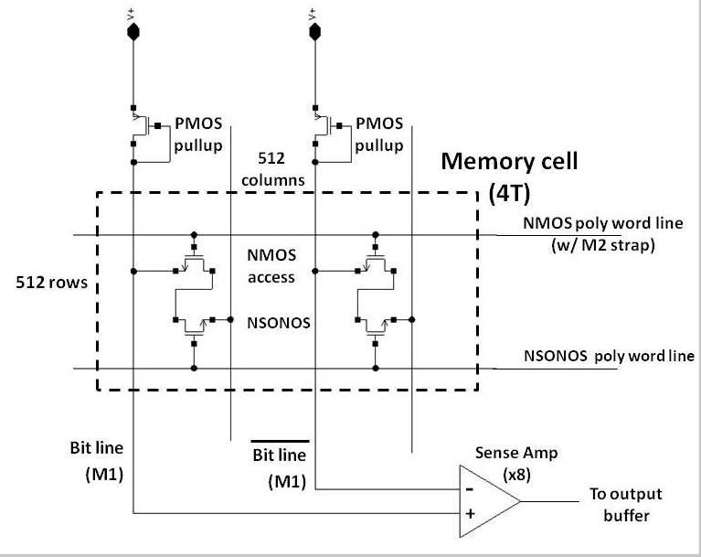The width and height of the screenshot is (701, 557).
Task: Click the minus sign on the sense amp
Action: click(470, 488)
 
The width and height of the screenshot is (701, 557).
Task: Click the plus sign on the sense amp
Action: click(470, 514)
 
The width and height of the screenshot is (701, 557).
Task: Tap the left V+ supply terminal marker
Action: click(133, 30)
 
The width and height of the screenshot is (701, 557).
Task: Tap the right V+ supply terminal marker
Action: click(314, 30)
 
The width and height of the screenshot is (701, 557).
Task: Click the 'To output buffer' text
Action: click(625, 504)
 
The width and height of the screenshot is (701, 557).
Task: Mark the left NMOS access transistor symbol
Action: click(194, 266)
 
